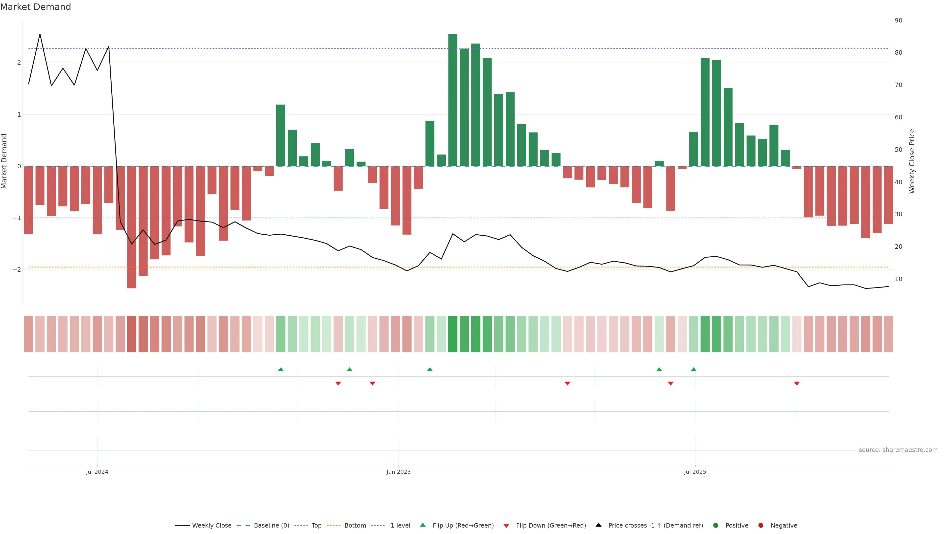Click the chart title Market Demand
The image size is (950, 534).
tap(35, 7)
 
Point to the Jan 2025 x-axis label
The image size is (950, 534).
tap(398, 472)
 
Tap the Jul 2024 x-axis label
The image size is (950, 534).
tap(97, 472)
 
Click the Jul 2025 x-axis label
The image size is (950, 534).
tap(695, 472)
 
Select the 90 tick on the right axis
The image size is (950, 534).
tap(898, 21)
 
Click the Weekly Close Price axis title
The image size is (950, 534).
tap(912, 161)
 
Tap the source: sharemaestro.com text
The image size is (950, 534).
tap(898, 450)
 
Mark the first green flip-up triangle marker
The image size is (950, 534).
tap(281, 369)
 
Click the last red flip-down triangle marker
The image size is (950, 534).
tap(797, 384)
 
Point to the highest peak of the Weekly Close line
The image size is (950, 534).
tap(40, 34)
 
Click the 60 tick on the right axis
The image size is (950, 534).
tap(898, 118)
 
